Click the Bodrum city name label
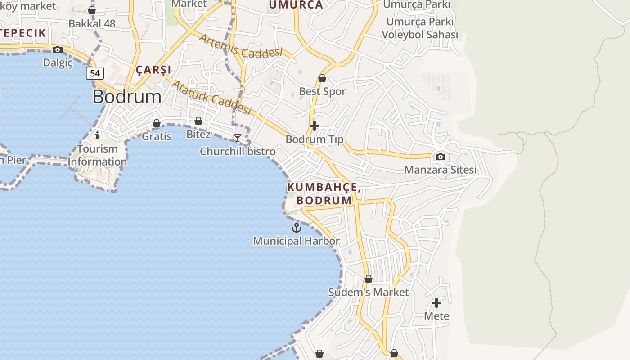click(x=127, y=97)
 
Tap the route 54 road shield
click(x=95, y=73)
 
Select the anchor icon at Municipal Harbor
click(x=296, y=228)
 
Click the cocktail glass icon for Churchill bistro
click(x=238, y=138)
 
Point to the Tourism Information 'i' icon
click(x=97, y=135)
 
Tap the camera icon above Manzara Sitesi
click(x=441, y=157)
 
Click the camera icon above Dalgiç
click(x=58, y=49)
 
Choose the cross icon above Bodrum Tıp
click(x=315, y=126)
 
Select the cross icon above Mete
click(x=436, y=303)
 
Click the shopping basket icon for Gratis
click(x=157, y=123)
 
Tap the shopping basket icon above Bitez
click(x=198, y=121)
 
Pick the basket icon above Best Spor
click(x=322, y=79)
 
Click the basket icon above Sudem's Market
click(x=368, y=279)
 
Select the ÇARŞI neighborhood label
click(x=153, y=70)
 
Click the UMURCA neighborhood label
click(x=296, y=5)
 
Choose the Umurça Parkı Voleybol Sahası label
click(x=420, y=28)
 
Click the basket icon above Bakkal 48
click(x=92, y=10)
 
